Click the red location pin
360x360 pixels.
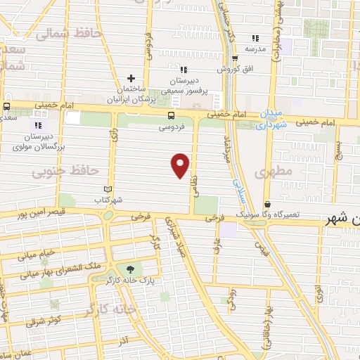181,165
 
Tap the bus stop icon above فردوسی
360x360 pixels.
172,117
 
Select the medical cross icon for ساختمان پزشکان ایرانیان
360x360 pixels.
131,78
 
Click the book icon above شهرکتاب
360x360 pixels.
108,189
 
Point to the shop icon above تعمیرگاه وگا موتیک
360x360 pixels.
267,205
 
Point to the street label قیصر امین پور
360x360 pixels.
40,212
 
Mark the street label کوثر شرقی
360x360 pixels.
45,321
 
